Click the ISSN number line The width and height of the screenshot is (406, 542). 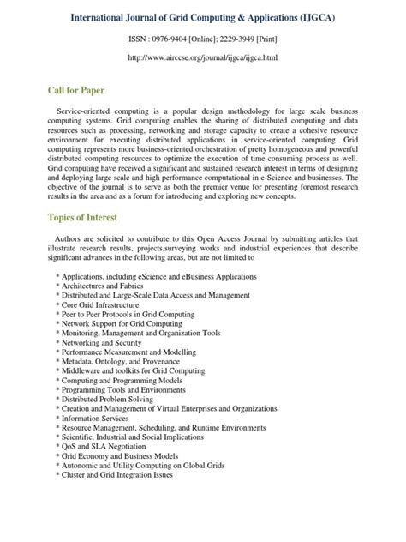203,39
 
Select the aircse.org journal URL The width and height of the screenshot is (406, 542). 203,57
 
